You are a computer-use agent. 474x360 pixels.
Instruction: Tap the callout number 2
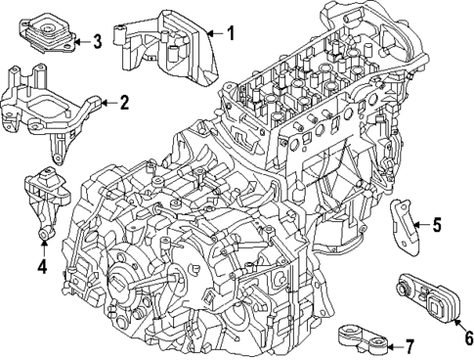click(x=124, y=102)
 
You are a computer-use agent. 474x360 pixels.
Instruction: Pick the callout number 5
click(x=437, y=226)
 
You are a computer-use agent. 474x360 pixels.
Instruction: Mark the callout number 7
click(x=409, y=344)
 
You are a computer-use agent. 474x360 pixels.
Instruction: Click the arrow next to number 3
click(x=80, y=41)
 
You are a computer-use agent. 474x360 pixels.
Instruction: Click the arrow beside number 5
click(x=420, y=226)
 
